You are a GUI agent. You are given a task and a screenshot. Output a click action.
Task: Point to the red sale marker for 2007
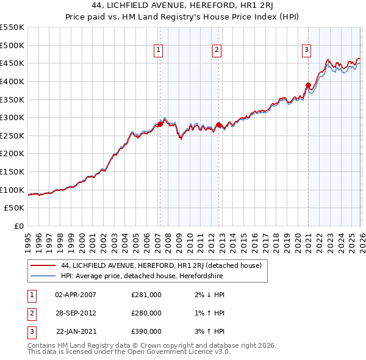click(x=160, y=124)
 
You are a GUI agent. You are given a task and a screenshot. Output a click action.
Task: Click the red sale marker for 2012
click(x=218, y=124)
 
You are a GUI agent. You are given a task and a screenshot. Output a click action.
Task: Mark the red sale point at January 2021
click(x=308, y=85)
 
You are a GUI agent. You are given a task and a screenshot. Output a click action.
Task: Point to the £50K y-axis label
click(x=15, y=208)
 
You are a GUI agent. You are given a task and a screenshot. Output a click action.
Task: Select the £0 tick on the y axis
click(x=19, y=226)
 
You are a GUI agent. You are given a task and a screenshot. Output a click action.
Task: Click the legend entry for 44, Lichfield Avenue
click(x=161, y=265)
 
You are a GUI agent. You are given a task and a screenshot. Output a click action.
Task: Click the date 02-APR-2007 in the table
click(x=76, y=295)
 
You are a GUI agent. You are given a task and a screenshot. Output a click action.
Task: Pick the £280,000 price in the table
click(x=146, y=313)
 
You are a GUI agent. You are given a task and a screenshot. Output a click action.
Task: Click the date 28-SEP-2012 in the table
click(x=76, y=313)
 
